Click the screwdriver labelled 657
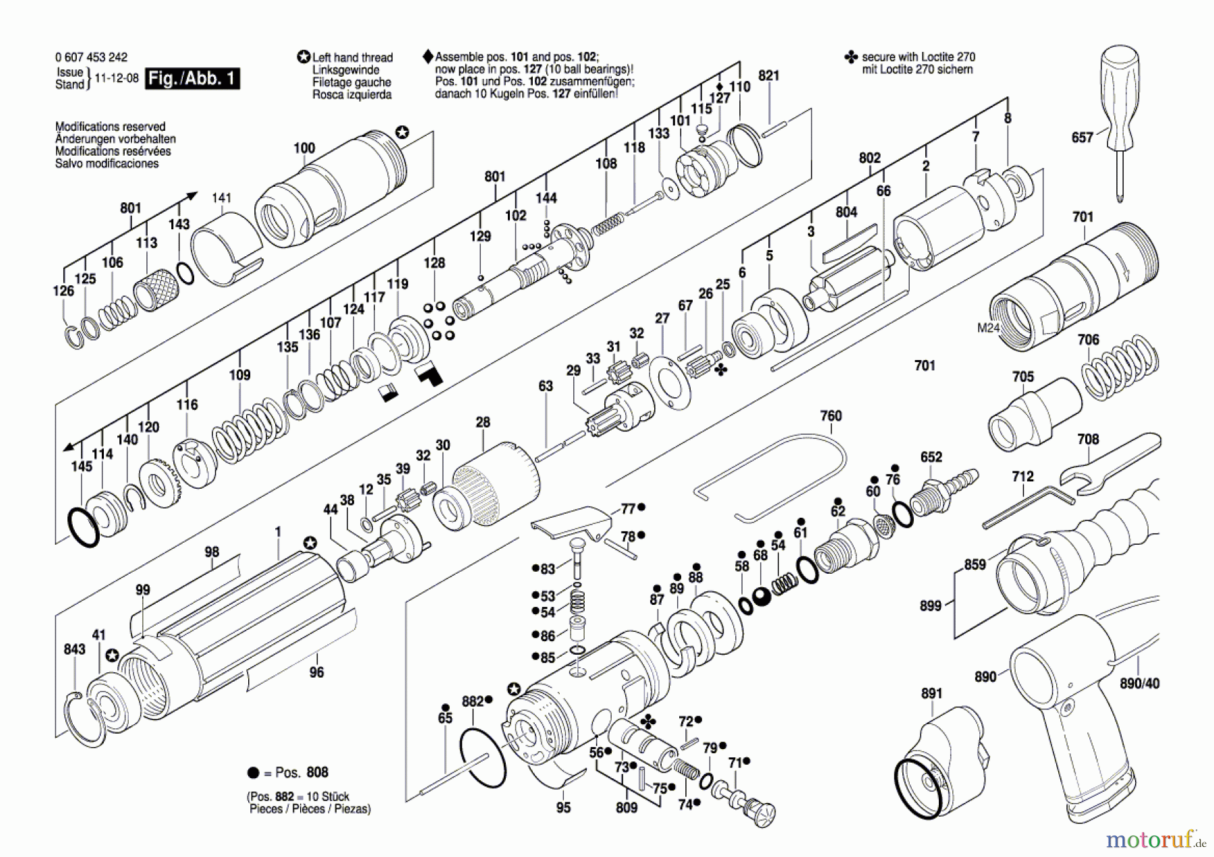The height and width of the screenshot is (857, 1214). [1120, 115]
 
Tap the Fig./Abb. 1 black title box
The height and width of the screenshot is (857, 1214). [192, 78]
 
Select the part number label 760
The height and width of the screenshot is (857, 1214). [831, 416]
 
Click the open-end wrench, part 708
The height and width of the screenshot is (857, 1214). [1106, 465]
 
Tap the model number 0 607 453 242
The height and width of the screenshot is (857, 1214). [91, 57]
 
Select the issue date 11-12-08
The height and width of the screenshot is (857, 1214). [117, 78]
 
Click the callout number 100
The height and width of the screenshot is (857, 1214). [304, 148]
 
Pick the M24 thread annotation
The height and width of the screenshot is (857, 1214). [988, 328]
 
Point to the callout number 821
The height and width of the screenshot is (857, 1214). [769, 76]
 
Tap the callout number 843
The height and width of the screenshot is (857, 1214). [74, 649]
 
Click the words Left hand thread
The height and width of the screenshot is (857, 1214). [352, 58]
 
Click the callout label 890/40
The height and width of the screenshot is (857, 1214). [1139, 684]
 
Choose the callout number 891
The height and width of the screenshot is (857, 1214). [931, 693]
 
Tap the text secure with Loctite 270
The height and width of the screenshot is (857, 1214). [918, 57]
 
